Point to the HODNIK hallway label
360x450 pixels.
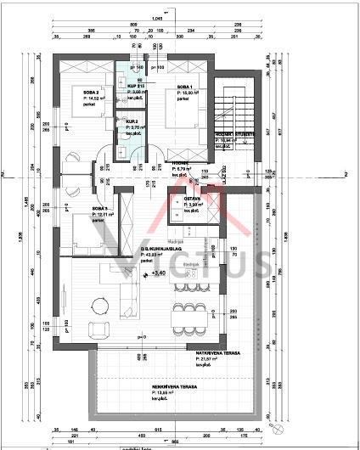point(180,163)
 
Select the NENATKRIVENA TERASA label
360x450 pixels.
point(175,386)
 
